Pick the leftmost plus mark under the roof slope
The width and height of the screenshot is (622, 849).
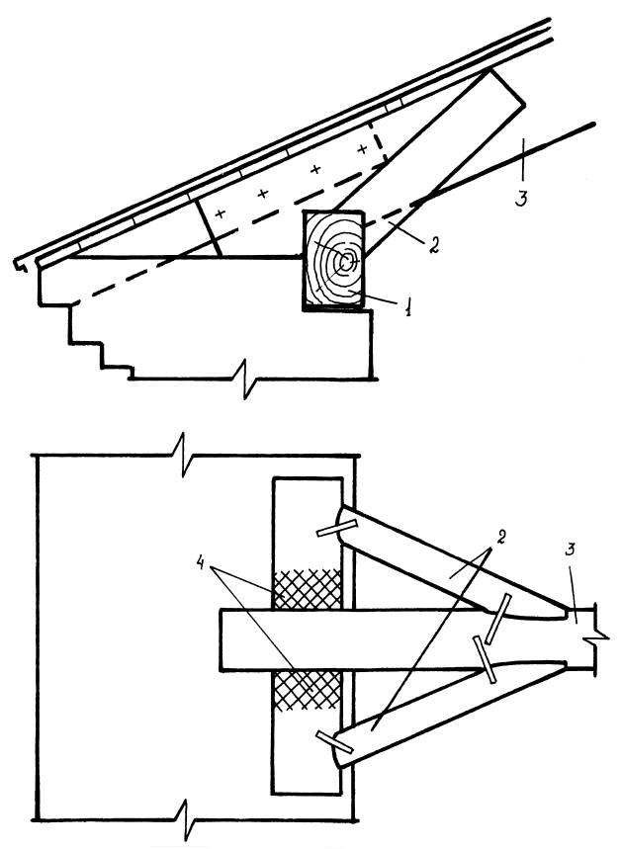click(220, 212)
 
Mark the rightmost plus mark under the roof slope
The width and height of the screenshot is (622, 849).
click(361, 150)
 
